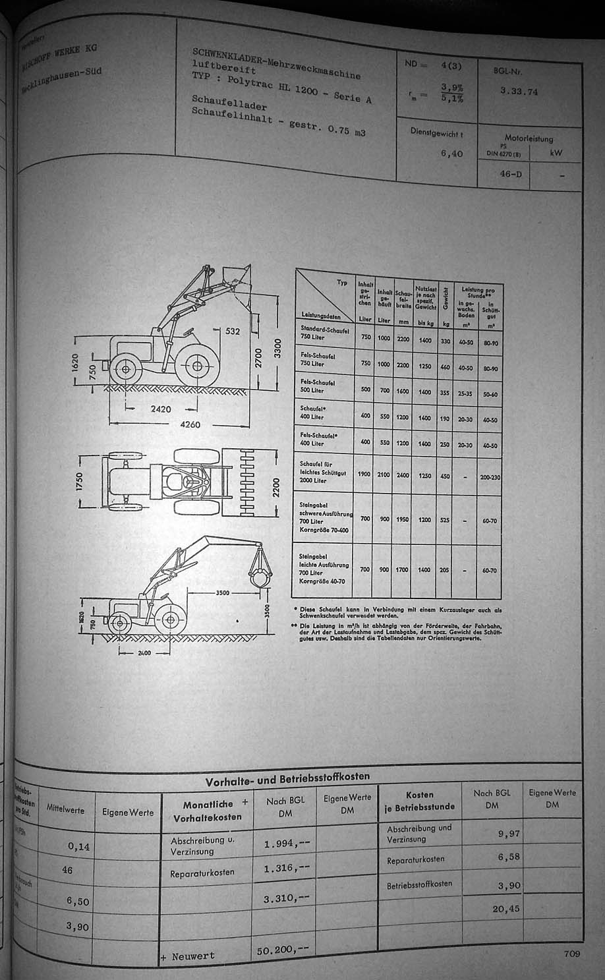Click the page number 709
point(571,953)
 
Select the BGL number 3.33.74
point(519,92)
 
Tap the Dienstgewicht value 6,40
point(451,154)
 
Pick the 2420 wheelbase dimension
point(160,409)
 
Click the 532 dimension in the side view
point(233,331)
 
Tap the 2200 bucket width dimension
point(276,487)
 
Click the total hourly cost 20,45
point(506,909)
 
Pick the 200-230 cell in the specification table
point(490,475)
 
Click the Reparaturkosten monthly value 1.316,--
point(286,867)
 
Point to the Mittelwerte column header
point(65,809)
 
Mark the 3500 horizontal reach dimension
point(222,593)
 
